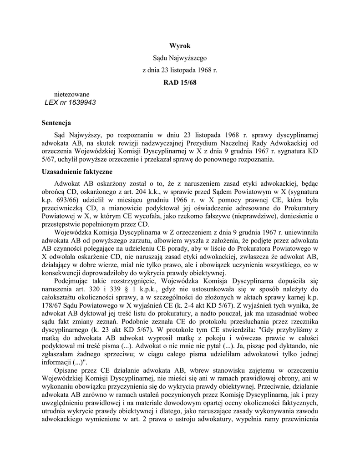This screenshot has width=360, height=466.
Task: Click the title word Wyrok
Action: pos(180,46)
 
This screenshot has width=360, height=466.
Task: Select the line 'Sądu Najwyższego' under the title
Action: pos(180,58)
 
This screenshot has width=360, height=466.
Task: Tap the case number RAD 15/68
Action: pos(180,83)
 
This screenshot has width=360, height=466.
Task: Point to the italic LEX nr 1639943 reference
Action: pos(70,102)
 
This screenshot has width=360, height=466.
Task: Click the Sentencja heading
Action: pos(56,123)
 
